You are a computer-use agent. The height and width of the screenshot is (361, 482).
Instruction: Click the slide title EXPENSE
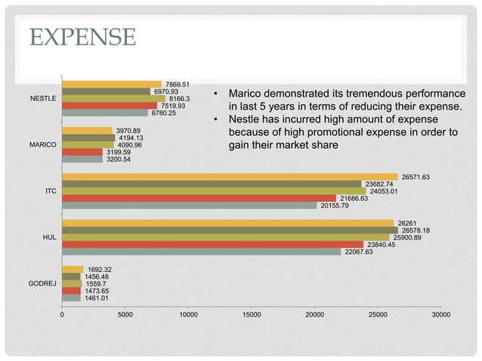tap(84, 36)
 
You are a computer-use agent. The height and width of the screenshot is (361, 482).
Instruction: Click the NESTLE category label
tap(42, 99)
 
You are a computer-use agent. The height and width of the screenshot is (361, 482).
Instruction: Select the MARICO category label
tap(42, 145)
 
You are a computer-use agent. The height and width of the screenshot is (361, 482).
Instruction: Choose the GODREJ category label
tap(42, 284)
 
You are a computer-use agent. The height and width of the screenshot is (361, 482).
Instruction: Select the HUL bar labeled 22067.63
tap(201, 251)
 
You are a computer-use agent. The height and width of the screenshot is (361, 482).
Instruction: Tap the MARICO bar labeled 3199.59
tap(82, 152)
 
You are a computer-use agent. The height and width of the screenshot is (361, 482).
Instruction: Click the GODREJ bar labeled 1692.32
tap(73, 270)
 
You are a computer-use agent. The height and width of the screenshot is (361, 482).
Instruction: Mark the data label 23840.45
tap(381, 245)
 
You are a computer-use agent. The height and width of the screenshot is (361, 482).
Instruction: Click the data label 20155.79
tap(334, 205)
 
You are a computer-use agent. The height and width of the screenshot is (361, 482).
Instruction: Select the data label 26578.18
tap(416, 230)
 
